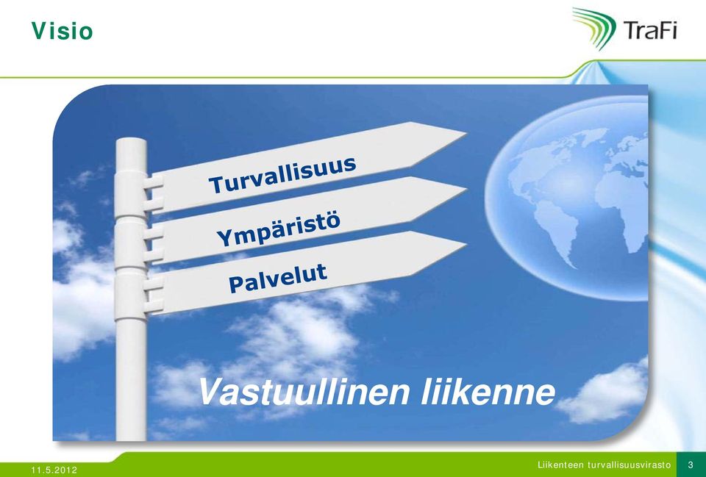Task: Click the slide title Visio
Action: [x=62, y=31]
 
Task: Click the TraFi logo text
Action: [x=650, y=31]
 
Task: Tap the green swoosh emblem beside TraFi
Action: [x=594, y=28]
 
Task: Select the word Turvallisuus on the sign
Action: [x=282, y=175]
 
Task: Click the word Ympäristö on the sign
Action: [x=278, y=229]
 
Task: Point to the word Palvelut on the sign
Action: [x=278, y=278]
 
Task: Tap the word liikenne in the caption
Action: [x=488, y=392]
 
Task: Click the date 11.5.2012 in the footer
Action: [x=54, y=470]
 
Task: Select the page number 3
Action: [x=691, y=465]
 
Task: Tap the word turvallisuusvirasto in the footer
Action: [x=630, y=465]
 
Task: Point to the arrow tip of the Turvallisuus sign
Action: [x=466, y=133]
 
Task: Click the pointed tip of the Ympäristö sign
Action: [x=466, y=188]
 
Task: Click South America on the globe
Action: [x=557, y=233]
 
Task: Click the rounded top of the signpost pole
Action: [x=131, y=142]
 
